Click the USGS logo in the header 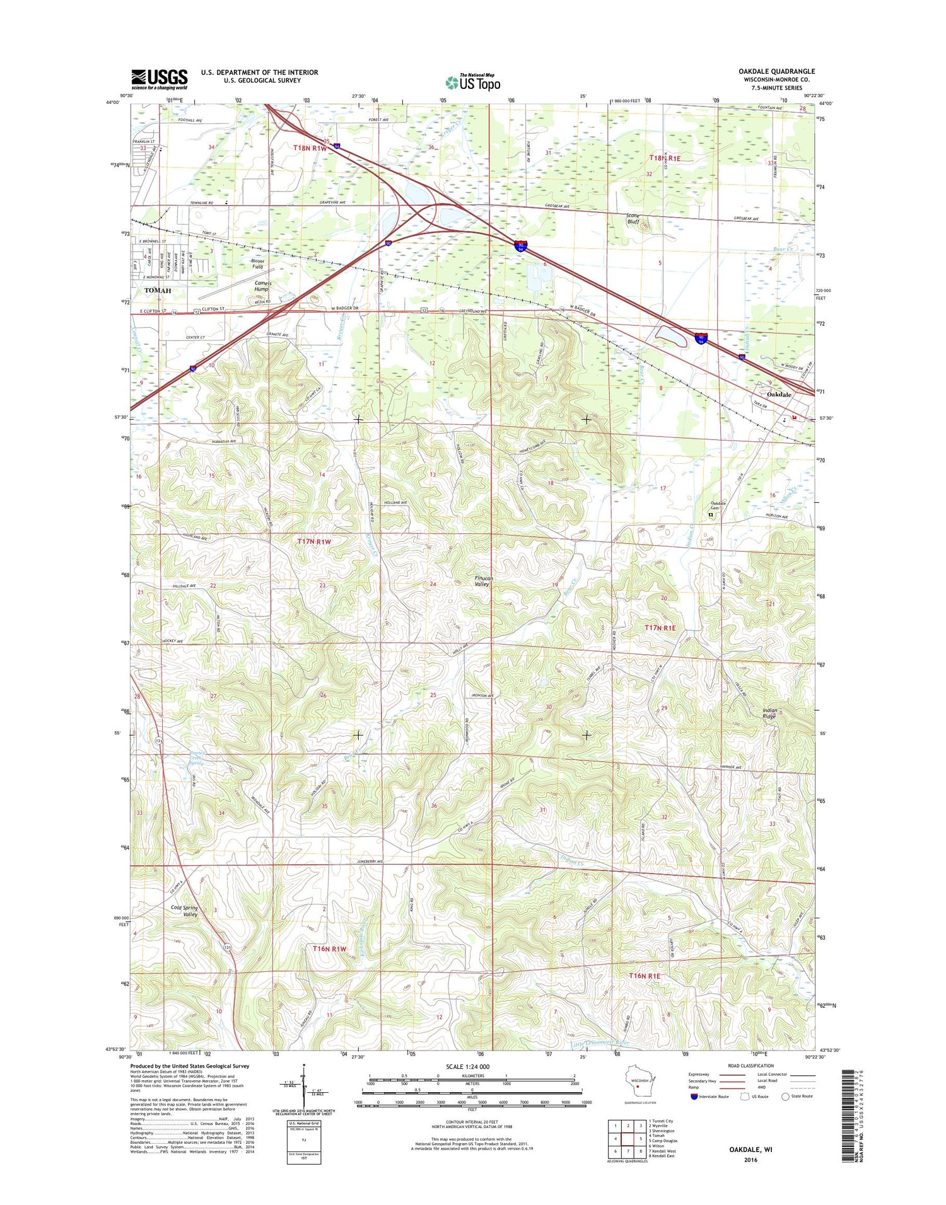point(159,79)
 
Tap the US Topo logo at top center point(473,83)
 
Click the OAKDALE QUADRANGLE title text point(776,71)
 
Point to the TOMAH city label point(157,291)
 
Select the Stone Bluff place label point(633,219)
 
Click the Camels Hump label point(262,286)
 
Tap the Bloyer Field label point(257,263)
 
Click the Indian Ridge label point(769,713)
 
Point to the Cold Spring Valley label point(184,911)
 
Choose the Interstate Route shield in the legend point(694,1097)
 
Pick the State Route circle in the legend point(785,1097)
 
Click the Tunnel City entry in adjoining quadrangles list point(661,1121)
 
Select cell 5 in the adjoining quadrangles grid point(639,1138)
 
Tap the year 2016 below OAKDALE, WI point(750,1160)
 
